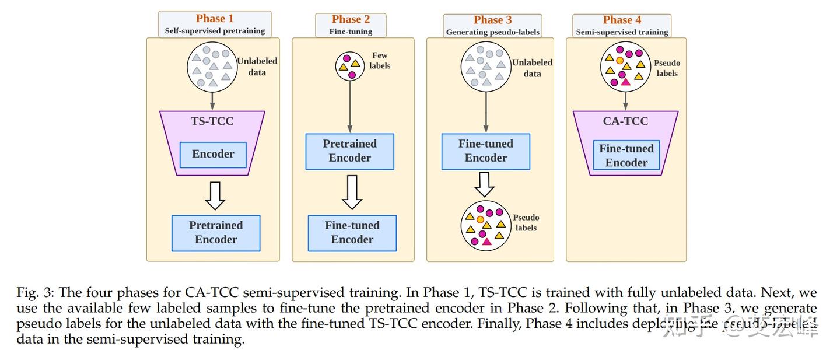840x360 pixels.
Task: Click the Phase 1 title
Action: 215,19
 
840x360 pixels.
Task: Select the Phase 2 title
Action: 351,19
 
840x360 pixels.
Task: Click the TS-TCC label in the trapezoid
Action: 212,122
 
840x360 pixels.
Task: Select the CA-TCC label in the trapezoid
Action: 625,121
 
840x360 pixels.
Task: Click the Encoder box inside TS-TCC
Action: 213,154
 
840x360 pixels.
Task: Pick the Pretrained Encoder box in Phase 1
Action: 216,232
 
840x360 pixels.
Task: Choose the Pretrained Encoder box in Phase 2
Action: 350,151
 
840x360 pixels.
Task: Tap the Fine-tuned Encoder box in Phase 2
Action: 352,232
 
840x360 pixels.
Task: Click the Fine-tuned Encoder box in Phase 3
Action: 486,151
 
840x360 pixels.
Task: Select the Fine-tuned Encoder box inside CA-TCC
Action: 626,155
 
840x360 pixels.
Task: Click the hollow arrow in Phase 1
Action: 215,196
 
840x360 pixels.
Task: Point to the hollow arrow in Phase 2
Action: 352,192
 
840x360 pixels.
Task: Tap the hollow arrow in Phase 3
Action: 484,183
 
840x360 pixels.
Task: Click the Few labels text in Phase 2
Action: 380,61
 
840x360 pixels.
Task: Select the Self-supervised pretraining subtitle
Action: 215,31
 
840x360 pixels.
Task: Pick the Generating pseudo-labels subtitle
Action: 493,32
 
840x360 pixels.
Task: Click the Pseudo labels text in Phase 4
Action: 667,68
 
